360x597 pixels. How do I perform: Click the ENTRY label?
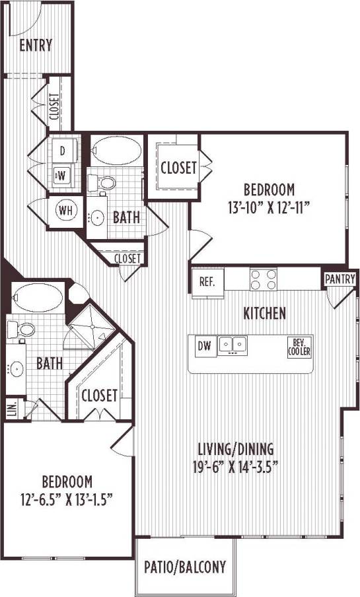(36, 46)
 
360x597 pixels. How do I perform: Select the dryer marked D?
(63, 151)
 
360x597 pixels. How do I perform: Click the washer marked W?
(62, 176)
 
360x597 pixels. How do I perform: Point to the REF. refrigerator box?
(207, 282)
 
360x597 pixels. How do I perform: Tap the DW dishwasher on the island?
(204, 345)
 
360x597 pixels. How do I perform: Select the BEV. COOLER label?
(299, 346)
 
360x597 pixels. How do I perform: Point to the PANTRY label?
(340, 279)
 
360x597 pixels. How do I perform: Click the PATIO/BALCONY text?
(186, 566)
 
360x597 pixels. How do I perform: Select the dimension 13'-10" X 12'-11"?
(268, 206)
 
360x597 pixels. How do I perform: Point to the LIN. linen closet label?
(12, 408)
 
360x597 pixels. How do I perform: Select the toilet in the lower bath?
(25, 328)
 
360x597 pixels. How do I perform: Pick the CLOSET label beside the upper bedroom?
(178, 168)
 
